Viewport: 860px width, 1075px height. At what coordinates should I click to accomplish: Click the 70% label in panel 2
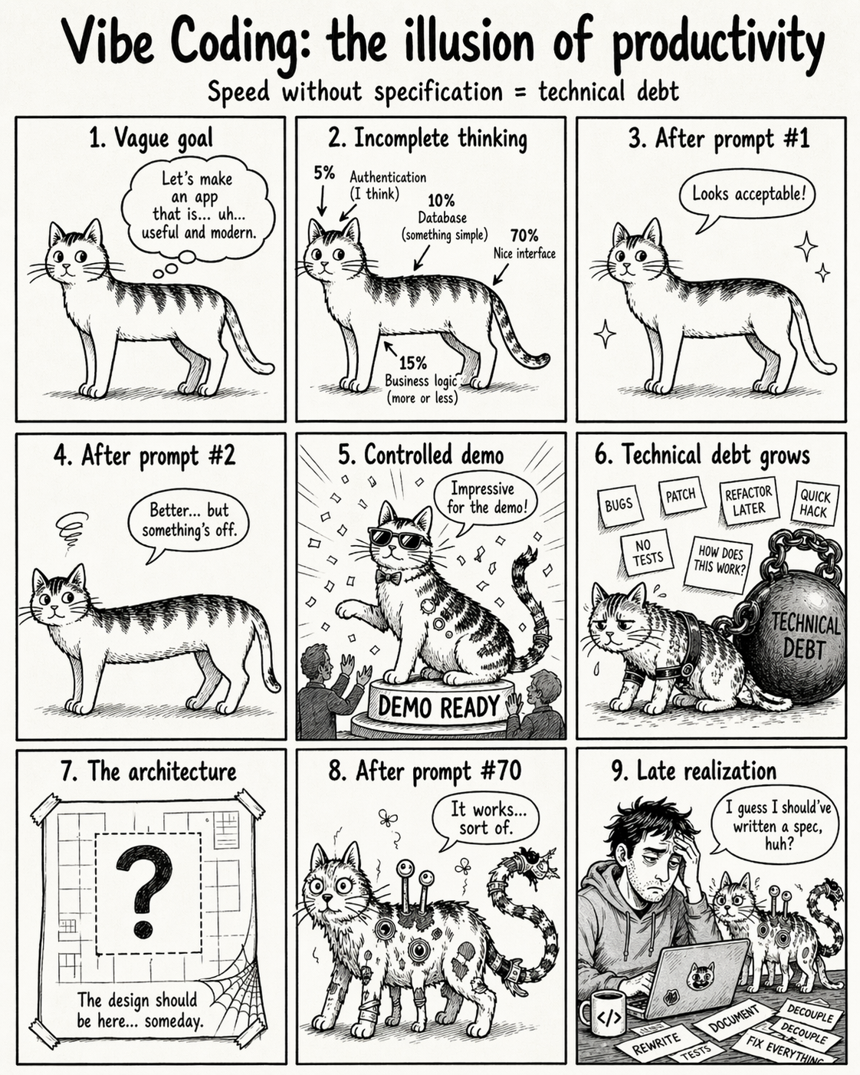[524, 235]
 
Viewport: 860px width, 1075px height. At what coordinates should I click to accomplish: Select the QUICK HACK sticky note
[815, 504]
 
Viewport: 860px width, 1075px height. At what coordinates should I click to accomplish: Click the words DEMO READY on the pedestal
[439, 706]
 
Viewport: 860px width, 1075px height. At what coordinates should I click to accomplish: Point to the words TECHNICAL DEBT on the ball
[806, 636]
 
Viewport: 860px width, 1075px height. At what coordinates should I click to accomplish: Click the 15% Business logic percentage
[412, 363]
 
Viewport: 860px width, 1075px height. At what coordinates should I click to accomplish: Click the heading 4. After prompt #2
[144, 456]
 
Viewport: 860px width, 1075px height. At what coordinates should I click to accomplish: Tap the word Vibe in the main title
[112, 41]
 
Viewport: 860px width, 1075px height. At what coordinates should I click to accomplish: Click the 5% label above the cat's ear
[324, 173]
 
